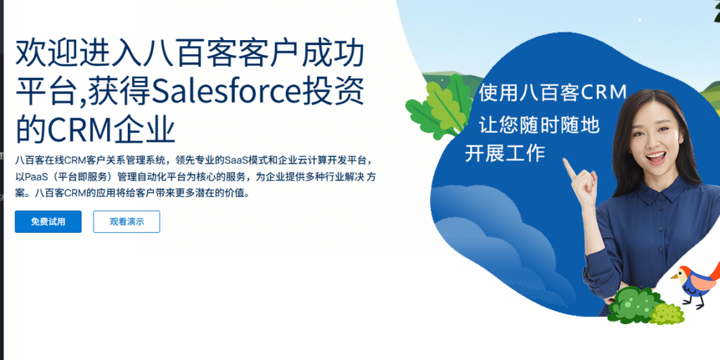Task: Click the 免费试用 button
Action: [x=48, y=221]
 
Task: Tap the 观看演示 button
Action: [x=127, y=221]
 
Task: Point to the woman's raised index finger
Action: [x=567, y=167]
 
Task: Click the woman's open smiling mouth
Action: [x=655, y=158]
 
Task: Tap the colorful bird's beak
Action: [x=672, y=276]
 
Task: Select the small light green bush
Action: [x=668, y=313]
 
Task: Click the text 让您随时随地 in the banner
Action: [x=539, y=124]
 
